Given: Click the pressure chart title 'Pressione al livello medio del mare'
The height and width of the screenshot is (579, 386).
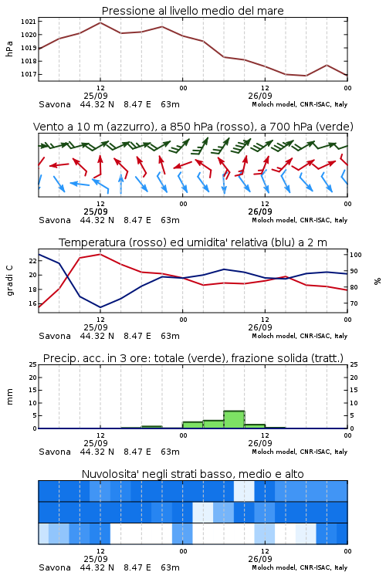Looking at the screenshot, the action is click(x=192, y=11).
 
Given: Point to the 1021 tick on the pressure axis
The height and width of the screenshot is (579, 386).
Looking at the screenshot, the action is click(x=29, y=22).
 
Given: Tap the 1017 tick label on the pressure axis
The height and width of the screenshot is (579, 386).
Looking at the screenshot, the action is click(x=29, y=74).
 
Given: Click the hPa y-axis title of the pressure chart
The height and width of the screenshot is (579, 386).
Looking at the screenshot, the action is click(x=9, y=49).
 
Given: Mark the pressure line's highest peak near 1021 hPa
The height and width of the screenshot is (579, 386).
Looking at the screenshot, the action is click(x=100, y=22).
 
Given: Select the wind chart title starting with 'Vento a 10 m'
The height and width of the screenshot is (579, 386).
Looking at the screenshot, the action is click(x=193, y=127).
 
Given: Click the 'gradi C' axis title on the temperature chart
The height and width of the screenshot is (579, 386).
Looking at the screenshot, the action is click(x=9, y=280).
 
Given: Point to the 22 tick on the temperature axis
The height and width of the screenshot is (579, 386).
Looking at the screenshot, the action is click(x=33, y=261).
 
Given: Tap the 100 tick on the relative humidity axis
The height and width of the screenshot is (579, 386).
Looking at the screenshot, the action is click(x=355, y=255).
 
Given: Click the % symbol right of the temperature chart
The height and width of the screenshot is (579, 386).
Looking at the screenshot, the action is click(x=378, y=281).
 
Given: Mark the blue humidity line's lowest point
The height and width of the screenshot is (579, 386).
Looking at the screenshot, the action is click(x=100, y=307).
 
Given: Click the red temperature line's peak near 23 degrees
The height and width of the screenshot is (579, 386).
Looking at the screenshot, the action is click(x=100, y=254).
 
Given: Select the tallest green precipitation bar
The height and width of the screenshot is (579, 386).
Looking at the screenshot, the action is click(x=234, y=419).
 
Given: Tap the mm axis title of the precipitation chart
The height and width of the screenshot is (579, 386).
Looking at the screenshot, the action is click(x=9, y=397).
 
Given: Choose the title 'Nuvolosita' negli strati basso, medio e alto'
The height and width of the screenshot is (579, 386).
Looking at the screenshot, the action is click(x=192, y=474).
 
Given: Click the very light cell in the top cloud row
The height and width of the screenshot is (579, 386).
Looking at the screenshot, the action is click(x=244, y=491).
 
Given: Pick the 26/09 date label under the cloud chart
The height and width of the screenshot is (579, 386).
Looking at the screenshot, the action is click(x=260, y=559).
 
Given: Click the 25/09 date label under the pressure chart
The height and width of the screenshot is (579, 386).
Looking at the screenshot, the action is click(x=96, y=96).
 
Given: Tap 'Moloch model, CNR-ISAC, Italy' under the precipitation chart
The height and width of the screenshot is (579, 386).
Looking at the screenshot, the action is click(x=300, y=452).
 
